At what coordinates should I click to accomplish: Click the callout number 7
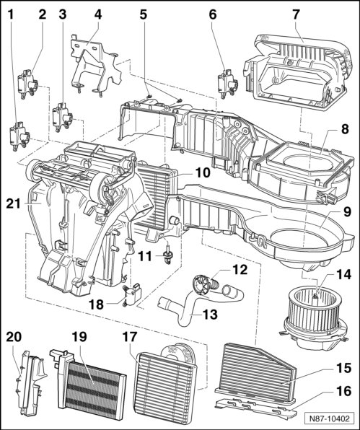(296, 14)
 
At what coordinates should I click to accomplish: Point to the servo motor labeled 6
(227, 83)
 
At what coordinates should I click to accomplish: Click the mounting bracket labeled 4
(95, 65)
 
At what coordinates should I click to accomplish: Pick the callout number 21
(14, 203)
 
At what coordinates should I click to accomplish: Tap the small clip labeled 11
(167, 256)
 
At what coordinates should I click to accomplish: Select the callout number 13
(210, 315)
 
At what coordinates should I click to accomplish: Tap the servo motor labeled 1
(19, 136)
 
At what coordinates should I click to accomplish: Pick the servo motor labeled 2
(27, 84)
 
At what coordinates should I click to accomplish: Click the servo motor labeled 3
(63, 117)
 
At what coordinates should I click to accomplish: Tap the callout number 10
(203, 172)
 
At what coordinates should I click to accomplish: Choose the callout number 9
(347, 212)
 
